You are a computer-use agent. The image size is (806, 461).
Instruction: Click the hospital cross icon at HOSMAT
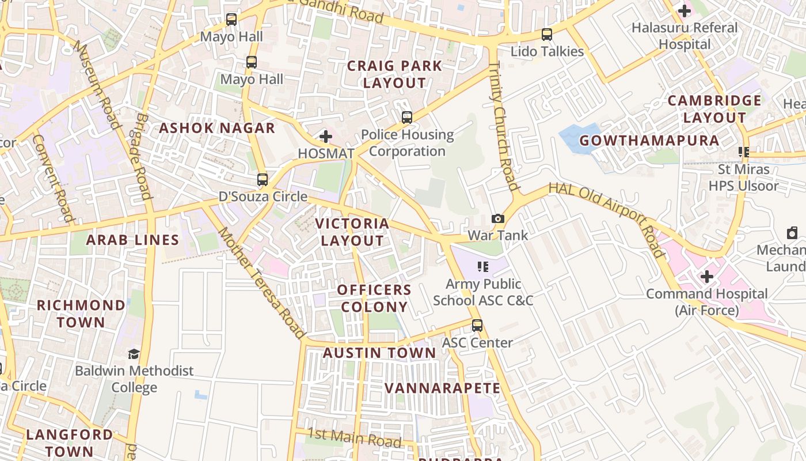click(x=326, y=137)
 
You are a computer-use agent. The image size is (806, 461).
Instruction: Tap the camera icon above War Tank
click(x=498, y=219)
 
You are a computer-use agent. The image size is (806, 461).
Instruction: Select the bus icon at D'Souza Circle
click(x=263, y=180)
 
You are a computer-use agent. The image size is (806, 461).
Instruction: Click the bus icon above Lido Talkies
click(x=547, y=35)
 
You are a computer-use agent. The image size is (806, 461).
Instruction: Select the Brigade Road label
click(x=142, y=156)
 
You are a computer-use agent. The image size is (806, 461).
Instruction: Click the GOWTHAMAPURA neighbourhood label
click(x=649, y=141)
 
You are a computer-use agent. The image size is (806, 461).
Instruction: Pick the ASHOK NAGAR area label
click(x=217, y=128)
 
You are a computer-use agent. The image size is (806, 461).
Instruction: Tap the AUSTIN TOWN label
click(x=379, y=353)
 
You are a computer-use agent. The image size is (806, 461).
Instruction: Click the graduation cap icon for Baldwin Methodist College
click(x=134, y=354)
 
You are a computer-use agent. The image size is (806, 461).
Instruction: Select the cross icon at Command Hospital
click(x=706, y=277)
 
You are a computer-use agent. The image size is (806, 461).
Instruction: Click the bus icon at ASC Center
click(x=477, y=326)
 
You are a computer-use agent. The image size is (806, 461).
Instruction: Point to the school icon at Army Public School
click(x=483, y=266)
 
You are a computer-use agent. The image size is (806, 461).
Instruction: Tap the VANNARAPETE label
click(x=442, y=388)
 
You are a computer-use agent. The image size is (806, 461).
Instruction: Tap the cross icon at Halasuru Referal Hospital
click(x=685, y=11)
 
